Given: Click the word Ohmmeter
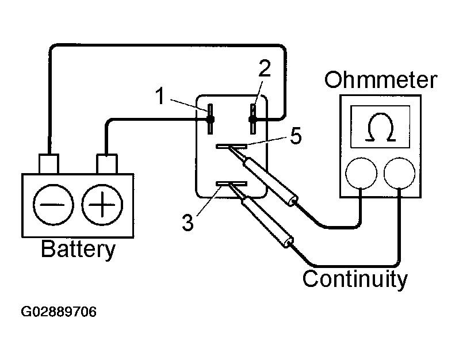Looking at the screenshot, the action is (x=381, y=79).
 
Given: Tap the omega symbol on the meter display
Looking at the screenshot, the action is (x=380, y=127).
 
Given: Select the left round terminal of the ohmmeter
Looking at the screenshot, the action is (x=361, y=173).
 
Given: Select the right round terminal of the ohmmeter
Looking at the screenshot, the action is (x=399, y=173).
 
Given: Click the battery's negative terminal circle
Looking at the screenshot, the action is (x=53, y=205).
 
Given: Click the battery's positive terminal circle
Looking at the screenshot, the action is (x=102, y=205).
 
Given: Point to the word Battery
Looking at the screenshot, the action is (x=78, y=250).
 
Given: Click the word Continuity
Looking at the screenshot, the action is (x=355, y=279).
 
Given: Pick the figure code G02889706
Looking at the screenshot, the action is (x=59, y=312).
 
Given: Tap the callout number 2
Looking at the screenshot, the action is (x=265, y=68).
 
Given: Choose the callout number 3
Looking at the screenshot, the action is (x=188, y=222).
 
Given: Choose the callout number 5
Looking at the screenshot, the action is (x=296, y=136).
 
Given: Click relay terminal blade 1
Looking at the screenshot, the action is (x=210, y=119).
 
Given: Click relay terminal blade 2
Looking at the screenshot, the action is (x=253, y=119).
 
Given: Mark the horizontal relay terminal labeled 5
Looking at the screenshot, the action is (x=231, y=146).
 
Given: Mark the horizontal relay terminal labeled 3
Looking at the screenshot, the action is (x=231, y=183).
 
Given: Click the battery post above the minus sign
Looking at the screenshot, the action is (x=49, y=163).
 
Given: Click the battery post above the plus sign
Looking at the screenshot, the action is (x=107, y=163).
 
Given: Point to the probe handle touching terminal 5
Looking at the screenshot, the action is (x=271, y=182).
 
